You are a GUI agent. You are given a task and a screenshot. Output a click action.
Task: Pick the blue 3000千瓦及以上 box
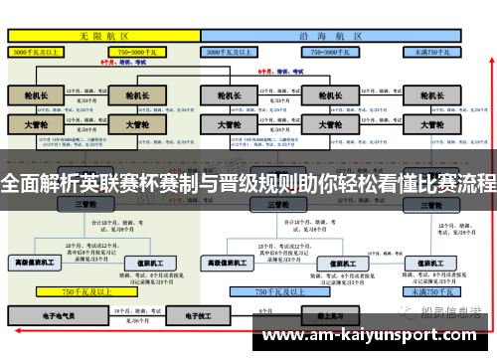(236, 49)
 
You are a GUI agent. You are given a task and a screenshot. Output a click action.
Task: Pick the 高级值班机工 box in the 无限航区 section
(36, 263)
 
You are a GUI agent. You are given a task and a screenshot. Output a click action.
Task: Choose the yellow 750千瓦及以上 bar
(84, 292)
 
